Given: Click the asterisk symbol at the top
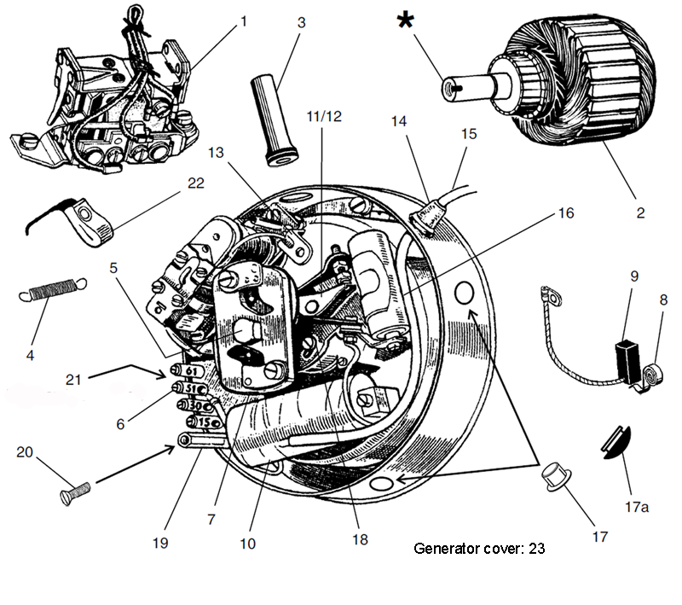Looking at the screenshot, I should point(407,21).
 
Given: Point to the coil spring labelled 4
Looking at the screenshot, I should point(50,292).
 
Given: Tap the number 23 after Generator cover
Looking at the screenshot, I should point(536,549).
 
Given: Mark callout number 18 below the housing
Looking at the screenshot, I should point(361,538).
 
